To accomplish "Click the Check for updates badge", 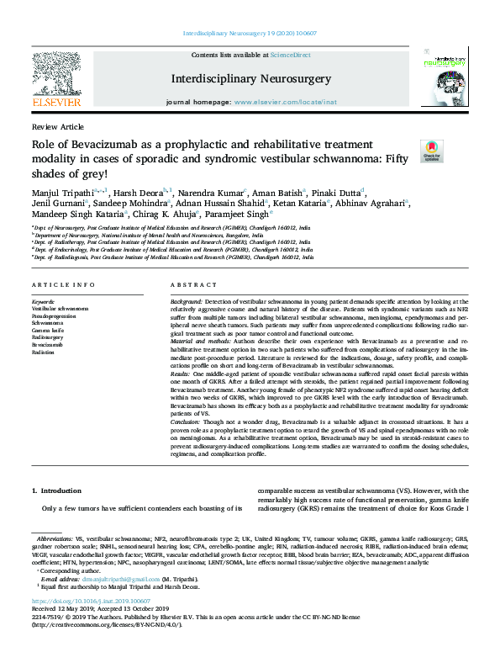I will point(431,151).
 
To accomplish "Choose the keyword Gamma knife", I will point(46,329).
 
